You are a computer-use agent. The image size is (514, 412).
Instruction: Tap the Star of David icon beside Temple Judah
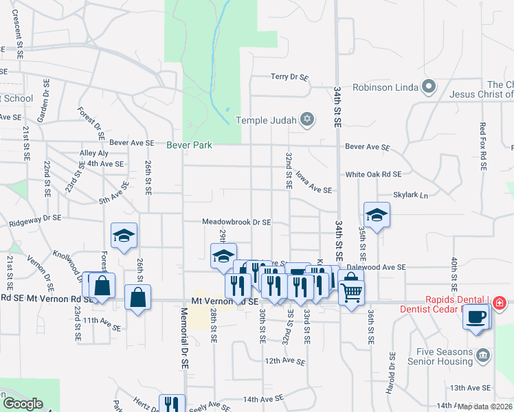click(x=308, y=120)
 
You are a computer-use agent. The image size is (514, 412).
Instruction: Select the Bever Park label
click(x=189, y=145)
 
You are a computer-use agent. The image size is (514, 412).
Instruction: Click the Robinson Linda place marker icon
click(x=429, y=87)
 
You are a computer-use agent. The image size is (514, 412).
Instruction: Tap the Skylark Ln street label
click(x=410, y=196)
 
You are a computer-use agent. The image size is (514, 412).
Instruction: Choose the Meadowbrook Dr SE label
click(x=236, y=222)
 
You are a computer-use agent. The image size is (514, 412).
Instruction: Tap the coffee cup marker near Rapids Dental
click(x=476, y=317)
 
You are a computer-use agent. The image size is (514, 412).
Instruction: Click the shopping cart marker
click(x=351, y=293)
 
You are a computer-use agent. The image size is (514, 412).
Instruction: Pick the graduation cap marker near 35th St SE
click(x=377, y=214)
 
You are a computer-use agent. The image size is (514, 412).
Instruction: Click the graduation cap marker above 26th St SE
click(x=124, y=236)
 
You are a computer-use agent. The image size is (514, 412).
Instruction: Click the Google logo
click(x=22, y=404)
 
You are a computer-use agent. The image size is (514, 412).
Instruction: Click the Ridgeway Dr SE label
click(x=35, y=221)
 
